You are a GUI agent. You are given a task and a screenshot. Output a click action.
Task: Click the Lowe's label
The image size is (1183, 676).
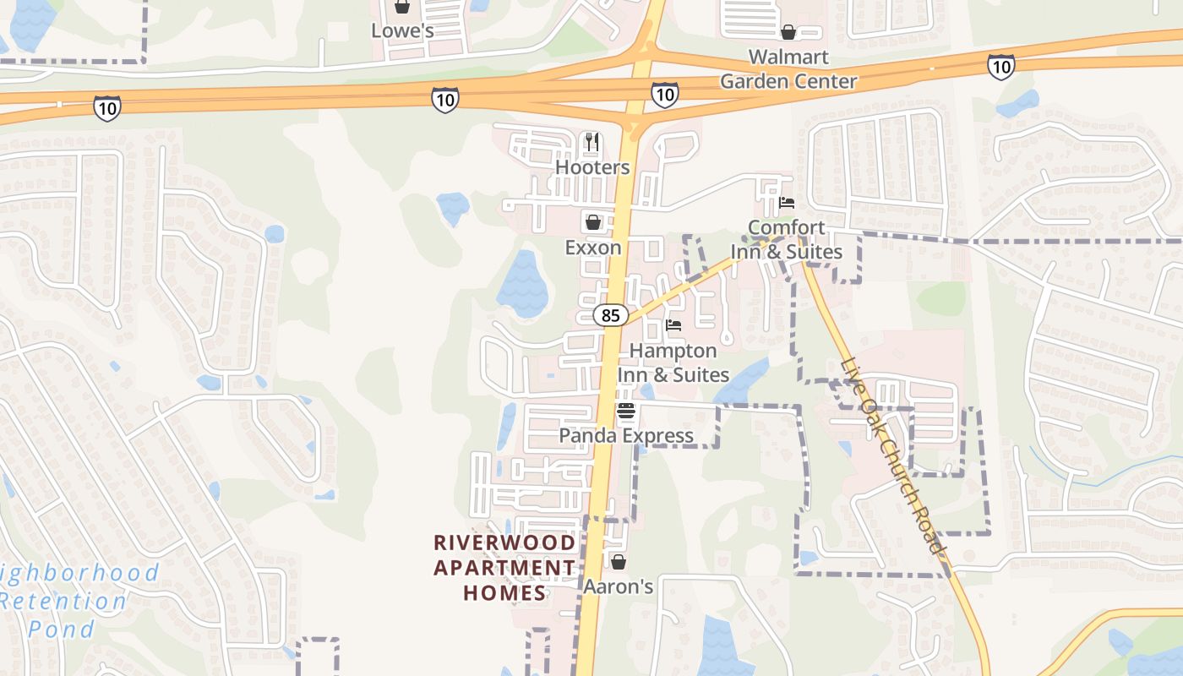click(402, 31)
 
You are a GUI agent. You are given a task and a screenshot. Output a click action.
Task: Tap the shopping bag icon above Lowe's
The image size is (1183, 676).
click(402, 8)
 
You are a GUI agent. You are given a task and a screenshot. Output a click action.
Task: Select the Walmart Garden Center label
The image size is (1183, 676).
click(788, 69)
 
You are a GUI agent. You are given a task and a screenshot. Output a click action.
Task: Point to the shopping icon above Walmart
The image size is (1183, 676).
click(788, 32)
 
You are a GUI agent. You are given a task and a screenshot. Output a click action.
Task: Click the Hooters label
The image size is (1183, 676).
click(592, 167)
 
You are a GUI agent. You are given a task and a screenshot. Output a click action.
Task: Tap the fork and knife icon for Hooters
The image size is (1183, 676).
click(592, 142)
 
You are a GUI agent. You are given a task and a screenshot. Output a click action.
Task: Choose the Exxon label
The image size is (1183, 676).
click(593, 248)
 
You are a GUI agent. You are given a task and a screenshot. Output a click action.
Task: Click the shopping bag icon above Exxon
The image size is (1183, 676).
click(593, 222)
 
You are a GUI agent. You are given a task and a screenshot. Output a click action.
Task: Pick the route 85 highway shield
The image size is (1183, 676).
click(610, 316)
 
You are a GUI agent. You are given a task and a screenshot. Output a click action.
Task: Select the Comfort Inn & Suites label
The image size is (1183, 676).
click(787, 240)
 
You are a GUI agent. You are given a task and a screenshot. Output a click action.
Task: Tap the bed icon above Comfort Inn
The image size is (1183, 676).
click(787, 203)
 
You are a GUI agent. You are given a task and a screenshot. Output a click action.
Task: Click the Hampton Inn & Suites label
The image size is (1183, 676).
click(673, 363)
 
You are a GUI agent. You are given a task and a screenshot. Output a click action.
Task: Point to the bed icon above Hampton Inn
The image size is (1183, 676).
click(673, 325)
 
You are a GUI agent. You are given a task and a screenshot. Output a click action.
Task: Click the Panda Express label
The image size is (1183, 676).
click(626, 436)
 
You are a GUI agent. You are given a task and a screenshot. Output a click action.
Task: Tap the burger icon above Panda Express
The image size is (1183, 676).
click(626, 412)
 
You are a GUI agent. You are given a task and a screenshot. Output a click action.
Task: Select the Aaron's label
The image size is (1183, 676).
click(619, 586)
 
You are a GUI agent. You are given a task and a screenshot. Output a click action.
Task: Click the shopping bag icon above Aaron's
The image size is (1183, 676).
click(619, 562)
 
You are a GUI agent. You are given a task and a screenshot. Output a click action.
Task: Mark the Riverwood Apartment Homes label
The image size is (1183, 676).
click(505, 567)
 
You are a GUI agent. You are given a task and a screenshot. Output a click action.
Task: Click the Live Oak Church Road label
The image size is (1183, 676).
click(892, 457)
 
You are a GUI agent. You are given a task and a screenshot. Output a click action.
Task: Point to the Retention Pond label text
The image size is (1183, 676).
click(63, 602)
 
